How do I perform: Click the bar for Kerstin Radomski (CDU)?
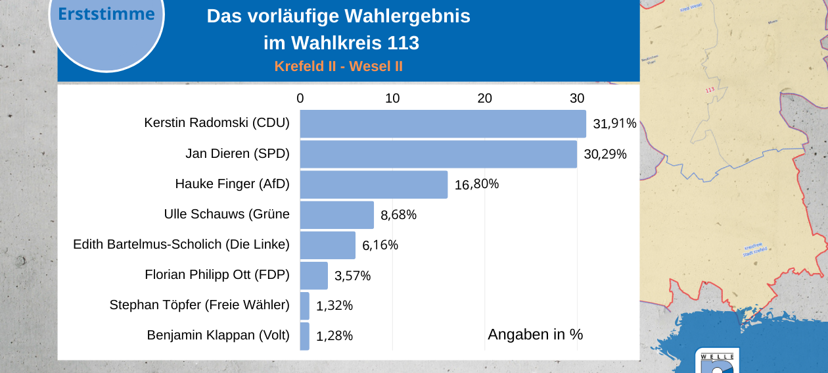pyautogui.click(x=442, y=124)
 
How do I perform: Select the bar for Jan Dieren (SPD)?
pyautogui.click(x=438, y=154)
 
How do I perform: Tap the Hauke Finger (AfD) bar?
pyautogui.click(x=373, y=184)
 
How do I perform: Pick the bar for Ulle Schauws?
pyautogui.click(x=336, y=214)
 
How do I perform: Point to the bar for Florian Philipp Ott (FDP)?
pyautogui.click(x=313, y=275)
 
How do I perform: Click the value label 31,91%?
pyautogui.click(x=614, y=124)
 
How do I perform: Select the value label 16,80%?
pyautogui.click(x=476, y=184)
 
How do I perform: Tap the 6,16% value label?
pyautogui.click(x=380, y=245)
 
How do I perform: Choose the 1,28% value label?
pyautogui.click(x=334, y=336)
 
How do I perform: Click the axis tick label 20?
pyautogui.click(x=484, y=98)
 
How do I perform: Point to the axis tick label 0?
pyautogui.click(x=300, y=98)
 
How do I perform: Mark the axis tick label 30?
pyautogui.click(x=577, y=98)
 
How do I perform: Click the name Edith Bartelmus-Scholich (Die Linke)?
pyautogui.click(x=181, y=245)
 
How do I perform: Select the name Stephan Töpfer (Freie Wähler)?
pyautogui.click(x=199, y=305)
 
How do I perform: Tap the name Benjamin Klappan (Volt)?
pyautogui.click(x=218, y=336)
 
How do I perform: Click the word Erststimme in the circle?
pyautogui.click(x=106, y=14)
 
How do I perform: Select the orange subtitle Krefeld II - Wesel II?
pyautogui.click(x=338, y=66)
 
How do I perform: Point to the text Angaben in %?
pyautogui.click(x=535, y=334)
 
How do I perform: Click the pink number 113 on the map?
pyautogui.click(x=709, y=90)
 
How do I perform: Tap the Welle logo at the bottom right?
pyautogui.click(x=717, y=362)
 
